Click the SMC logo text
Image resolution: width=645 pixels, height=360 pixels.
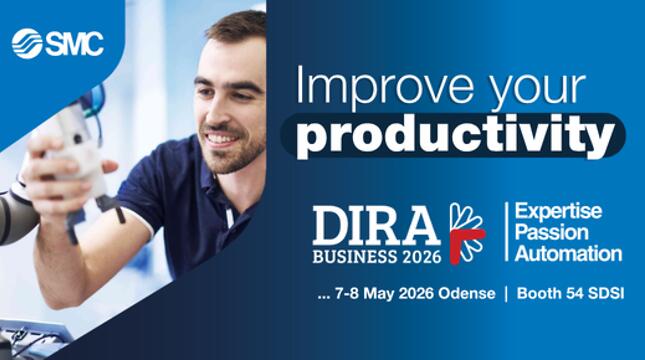(x=74, y=44)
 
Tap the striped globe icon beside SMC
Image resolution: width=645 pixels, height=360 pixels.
(x=27, y=44)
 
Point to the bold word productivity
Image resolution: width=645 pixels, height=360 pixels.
(x=455, y=136)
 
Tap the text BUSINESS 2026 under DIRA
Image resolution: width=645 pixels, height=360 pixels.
(x=376, y=257)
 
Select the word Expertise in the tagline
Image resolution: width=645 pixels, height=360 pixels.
(x=558, y=211)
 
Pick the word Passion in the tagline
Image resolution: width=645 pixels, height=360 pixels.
(x=551, y=232)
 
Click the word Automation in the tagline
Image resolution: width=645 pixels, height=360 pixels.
(x=568, y=254)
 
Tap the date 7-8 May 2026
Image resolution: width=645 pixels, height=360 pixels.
(x=384, y=293)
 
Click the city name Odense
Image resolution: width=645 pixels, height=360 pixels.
(x=466, y=293)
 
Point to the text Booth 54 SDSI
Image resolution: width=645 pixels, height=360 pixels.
(x=570, y=293)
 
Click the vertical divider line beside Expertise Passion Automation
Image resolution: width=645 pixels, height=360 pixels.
(x=506, y=232)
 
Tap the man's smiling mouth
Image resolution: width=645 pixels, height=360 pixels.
(x=221, y=138)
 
